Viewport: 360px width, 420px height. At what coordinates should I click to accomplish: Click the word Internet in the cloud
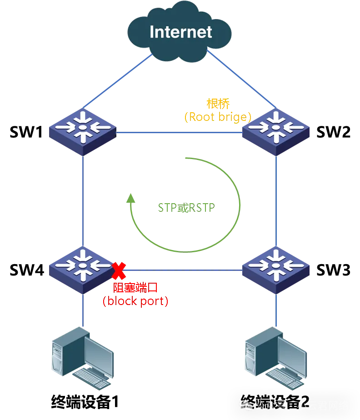click(180, 32)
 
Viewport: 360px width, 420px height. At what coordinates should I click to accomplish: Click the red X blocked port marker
click(119, 271)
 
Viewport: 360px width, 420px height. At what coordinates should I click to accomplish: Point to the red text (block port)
click(135, 301)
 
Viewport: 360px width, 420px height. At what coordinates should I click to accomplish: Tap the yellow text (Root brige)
click(218, 117)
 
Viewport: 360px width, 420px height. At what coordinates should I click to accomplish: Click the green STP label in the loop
click(185, 208)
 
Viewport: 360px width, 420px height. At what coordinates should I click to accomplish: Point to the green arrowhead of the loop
click(131, 198)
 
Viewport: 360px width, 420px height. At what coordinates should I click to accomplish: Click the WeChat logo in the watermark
click(246, 405)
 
